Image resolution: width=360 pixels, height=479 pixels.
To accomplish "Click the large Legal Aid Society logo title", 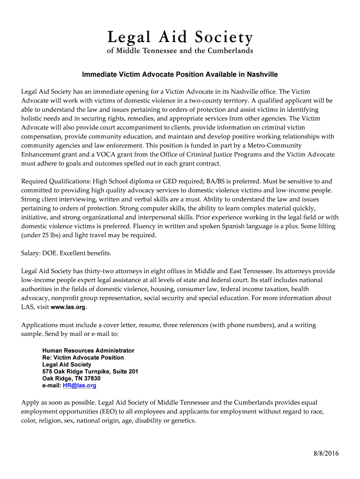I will pos(180,37).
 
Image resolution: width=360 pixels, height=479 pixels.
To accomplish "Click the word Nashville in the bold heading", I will pos(262,74).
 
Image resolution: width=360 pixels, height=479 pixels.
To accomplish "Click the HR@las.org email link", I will pos(82,386).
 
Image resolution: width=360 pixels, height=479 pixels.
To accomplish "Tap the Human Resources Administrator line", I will pos(88,350).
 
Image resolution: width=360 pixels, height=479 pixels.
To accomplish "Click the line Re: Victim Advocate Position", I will pos(83,357).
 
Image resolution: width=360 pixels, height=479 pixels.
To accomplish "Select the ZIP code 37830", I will pos(90,378).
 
